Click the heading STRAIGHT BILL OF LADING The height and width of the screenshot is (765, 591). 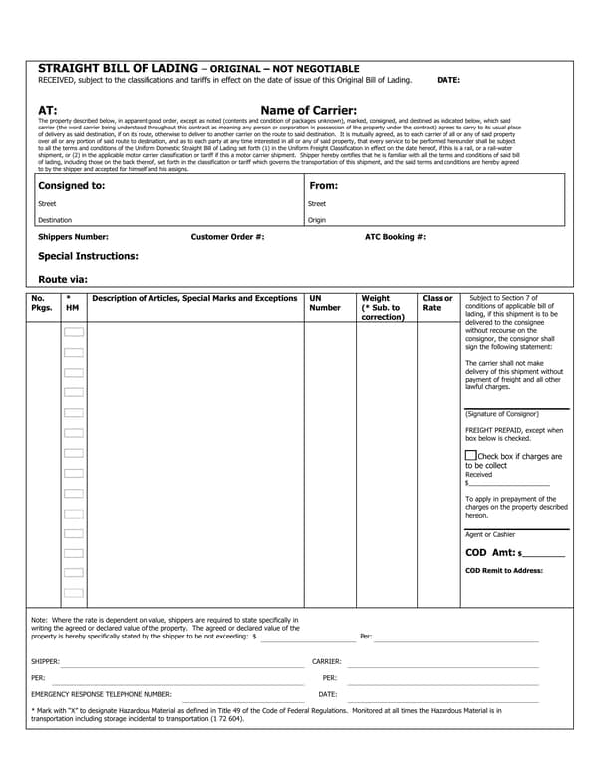(x=118, y=67)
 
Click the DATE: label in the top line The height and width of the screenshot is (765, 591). (x=448, y=79)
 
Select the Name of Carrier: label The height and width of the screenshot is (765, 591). (x=308, y=111)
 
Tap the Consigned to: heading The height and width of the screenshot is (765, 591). (x=71, y=185)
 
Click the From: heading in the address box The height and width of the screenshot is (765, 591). (x=324, y=185)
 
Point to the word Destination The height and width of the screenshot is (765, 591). (x=55, y=220)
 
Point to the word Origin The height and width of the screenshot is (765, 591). (x=317, y=220)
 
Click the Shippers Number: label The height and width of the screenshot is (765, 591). (x=73, y=237)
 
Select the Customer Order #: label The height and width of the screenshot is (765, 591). (x=227, y=237)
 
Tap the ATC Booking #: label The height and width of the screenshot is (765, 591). (x=396, y=237)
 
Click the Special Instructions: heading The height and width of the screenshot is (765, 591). (x=88, y=256)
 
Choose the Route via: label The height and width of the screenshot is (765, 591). (x=63, y=279)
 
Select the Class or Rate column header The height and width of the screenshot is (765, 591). (x=437, y=303)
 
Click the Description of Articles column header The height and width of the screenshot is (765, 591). (x=194, y=298)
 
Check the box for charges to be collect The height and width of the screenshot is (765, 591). (x=470, y=455)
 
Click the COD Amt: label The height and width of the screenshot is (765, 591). (x=490, y=553)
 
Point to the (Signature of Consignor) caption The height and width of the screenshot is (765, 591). (x=502, y=413)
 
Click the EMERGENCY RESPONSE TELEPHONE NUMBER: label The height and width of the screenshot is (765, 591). (x=102, y=694)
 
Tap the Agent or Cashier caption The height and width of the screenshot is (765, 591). (x=490, y=534)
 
